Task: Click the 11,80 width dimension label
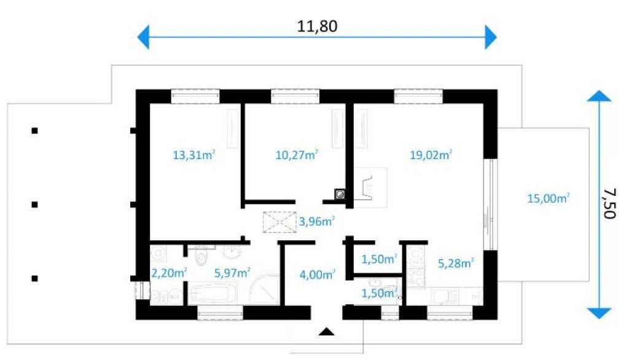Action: (317, 26)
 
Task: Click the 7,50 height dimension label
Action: (609, 203)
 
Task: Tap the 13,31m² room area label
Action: (193, 155)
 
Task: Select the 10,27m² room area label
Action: (297, 155)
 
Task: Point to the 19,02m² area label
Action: (431, 155)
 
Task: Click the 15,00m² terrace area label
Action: (549, 198)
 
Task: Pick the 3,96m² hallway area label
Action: (317, 221)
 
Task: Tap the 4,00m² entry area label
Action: (318, 275)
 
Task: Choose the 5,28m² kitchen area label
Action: (456, 264)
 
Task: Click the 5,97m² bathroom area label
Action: (232, 273)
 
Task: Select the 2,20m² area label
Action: (169, 273)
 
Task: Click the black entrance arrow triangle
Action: (327, 332)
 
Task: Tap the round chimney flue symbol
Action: (340, 194)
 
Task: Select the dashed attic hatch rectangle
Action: (279, 222)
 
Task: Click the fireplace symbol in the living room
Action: (370, 187)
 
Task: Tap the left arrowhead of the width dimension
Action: (143, 37)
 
